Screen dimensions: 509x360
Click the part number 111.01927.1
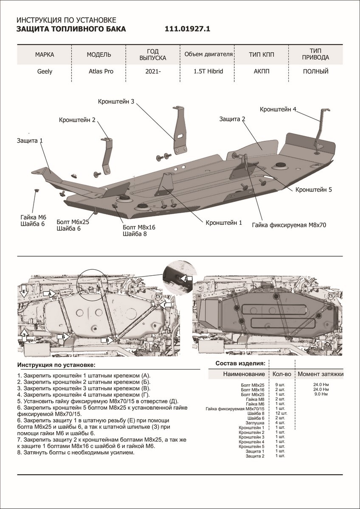tap(188, 29)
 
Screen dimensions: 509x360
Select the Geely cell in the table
tap(45, 71)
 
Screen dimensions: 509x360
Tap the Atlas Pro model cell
tap(99, 71)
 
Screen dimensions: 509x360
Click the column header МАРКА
tap(45, 55)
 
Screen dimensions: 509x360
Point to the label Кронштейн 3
tap(116, 102)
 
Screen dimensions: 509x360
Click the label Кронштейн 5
tap(313, 190)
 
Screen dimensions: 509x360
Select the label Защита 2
tap(232, 120)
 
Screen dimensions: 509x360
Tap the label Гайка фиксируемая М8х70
tap(288, 225)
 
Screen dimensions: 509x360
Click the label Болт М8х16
tap(139, 227)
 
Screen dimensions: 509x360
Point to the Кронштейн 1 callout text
tap(224, 222)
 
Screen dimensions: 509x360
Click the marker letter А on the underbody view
tap(50, 293)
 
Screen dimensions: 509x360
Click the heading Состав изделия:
tap(240, 364)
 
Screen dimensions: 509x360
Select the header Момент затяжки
tap(320, 374)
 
